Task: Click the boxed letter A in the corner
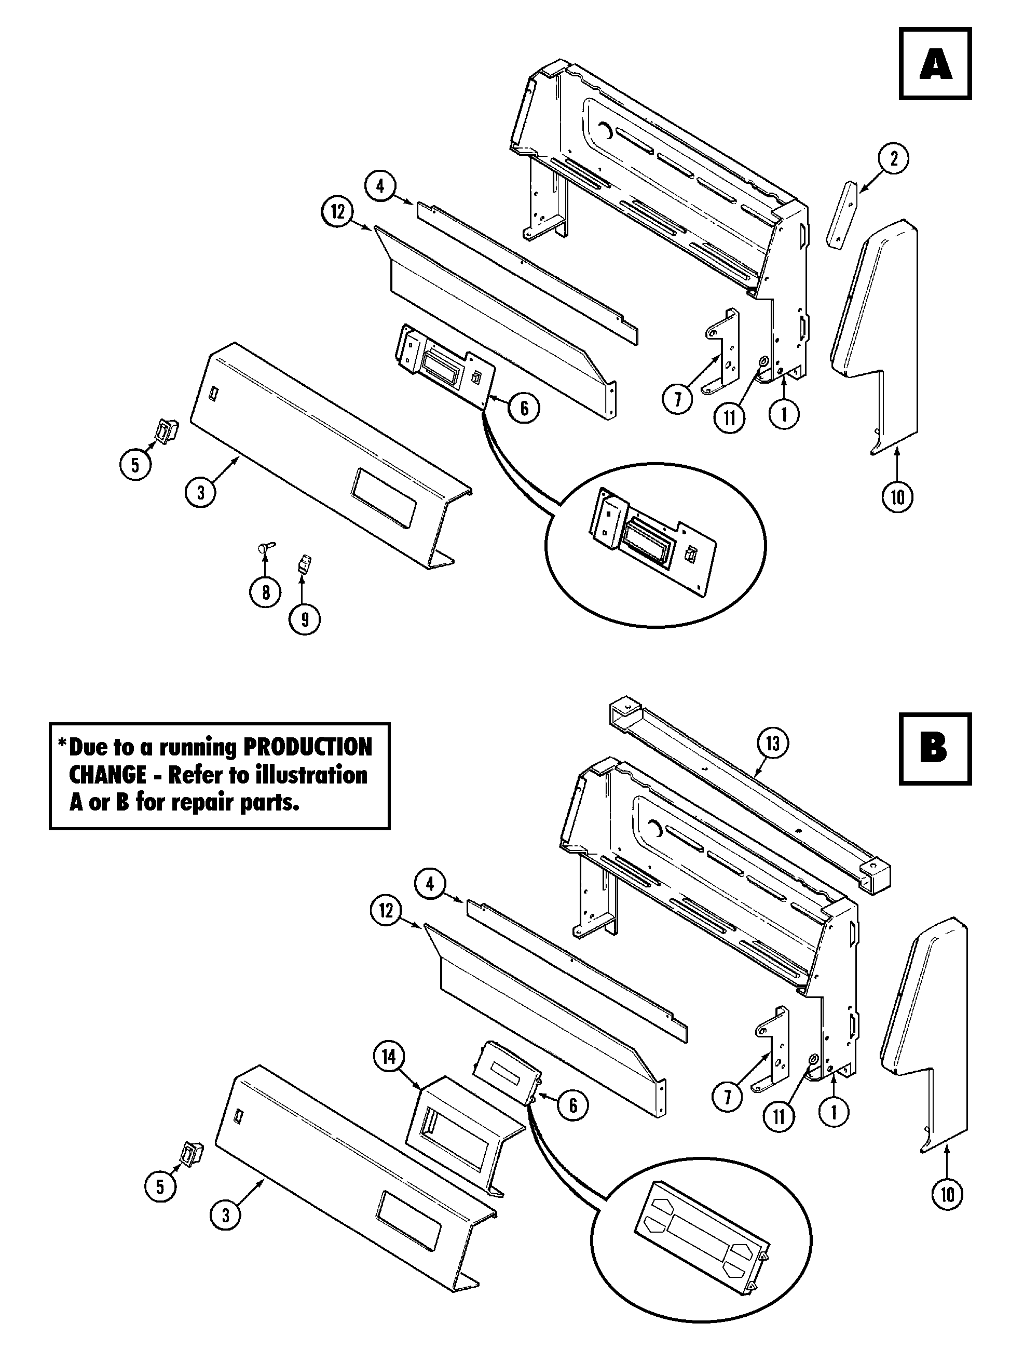click(x=935, y=63)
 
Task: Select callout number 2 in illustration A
click(x=894, y=159)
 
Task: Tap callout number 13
click(x=773, y=744)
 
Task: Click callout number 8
click(x=265, y=592)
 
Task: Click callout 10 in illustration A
click(x=897, y=497)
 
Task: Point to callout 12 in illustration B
click(x=386, y=911)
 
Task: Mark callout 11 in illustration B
click(x=780, y=1116)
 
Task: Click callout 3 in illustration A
click(x=201, y=491)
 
